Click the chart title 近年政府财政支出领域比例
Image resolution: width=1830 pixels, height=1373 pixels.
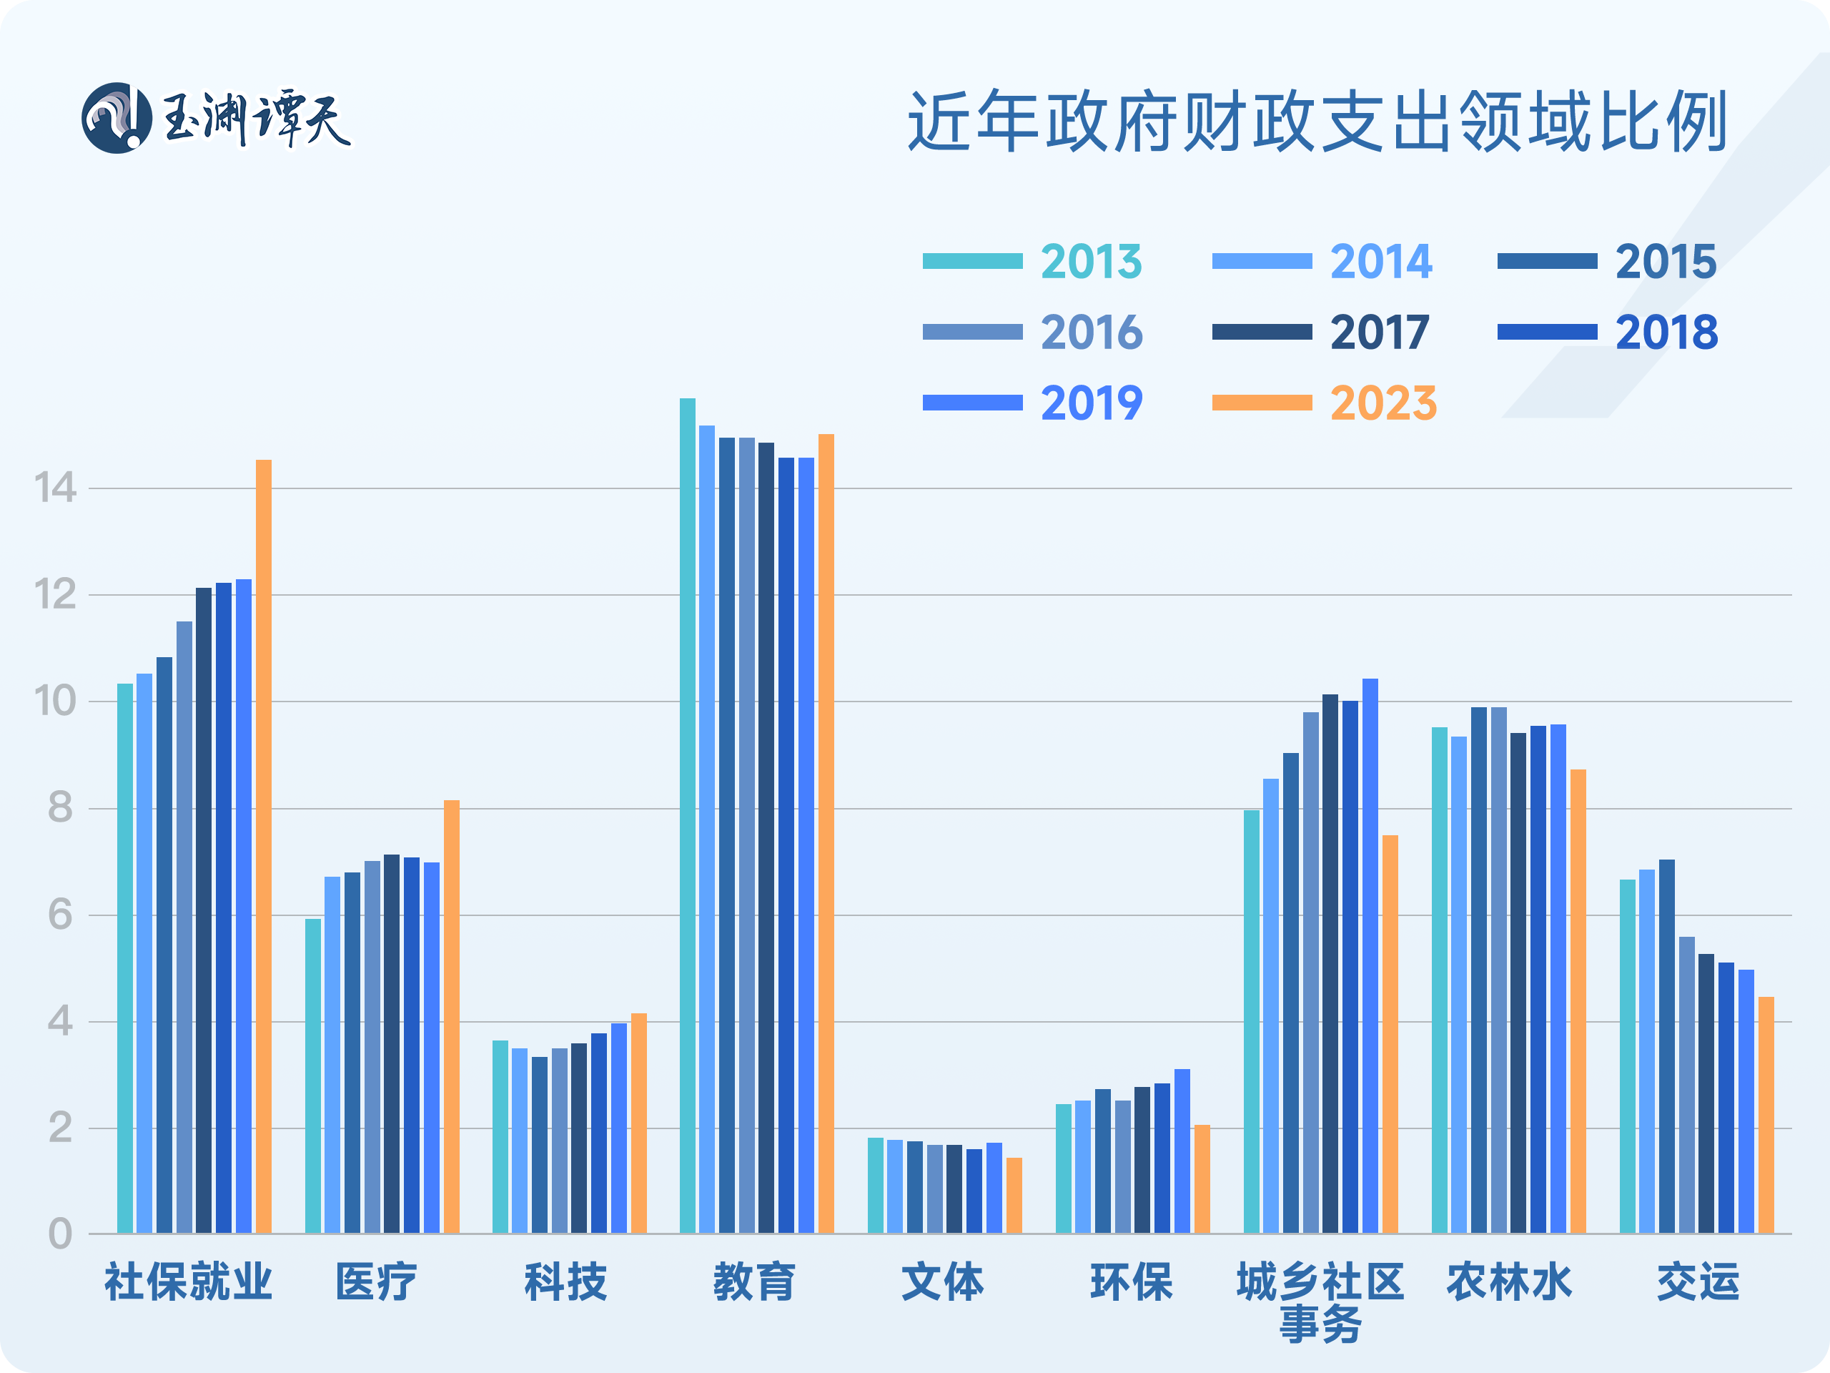click(1317, 122)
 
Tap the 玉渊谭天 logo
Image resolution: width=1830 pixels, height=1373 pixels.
click(217, 118)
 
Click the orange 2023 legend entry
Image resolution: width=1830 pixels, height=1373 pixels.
click(1324, 403)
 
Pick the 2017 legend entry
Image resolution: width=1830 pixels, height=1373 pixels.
click(1320, 333)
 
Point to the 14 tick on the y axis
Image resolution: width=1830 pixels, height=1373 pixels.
click(54, 488)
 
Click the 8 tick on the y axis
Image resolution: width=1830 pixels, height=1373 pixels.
click(59, 809)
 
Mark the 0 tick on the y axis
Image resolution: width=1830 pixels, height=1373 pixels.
click(59, 1234)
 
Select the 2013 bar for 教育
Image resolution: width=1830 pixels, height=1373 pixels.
click(688, 815)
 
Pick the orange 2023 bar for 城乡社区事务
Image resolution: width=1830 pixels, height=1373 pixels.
click(1390, 1035)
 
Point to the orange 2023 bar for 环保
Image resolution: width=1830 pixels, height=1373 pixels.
click(1202, 1179)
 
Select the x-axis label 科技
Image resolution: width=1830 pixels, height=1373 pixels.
click(566, 1282)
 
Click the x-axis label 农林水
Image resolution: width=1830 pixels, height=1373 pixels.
click(1508, 1282)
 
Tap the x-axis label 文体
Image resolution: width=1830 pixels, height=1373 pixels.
click(942, 1282)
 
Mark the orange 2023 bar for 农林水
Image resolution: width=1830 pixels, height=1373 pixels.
click(1578, 1001)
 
